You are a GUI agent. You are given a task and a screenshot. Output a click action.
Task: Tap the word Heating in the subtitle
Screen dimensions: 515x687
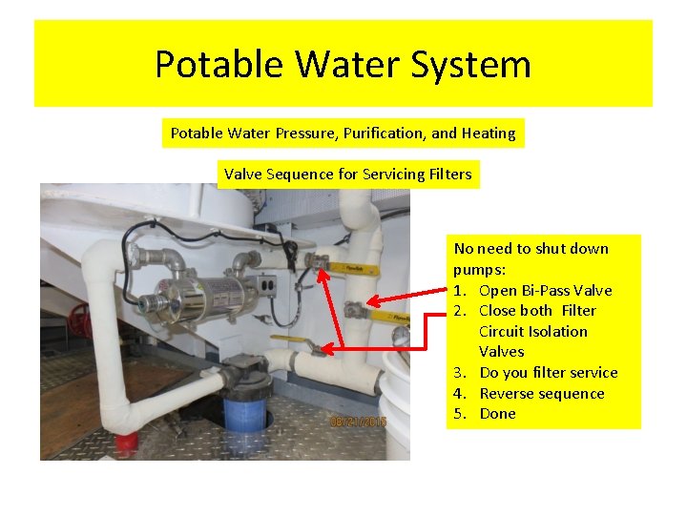pyautogui.click(x=487, y=134)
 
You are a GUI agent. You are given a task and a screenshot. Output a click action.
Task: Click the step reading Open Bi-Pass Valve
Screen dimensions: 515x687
pyautogui.click(x=545, y=290)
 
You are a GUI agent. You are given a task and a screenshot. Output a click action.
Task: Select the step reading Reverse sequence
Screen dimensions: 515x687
pyautogui.click(x=541, y=393)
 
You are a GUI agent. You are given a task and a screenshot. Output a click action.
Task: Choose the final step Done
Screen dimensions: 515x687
pyautogui.click(x=497, y=414)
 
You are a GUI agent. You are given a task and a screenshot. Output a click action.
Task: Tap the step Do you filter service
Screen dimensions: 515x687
pyautogui.click(x=548, y=373)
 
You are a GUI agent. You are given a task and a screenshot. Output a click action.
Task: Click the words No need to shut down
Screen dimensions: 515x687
pyautogui.click(x=531, y=249)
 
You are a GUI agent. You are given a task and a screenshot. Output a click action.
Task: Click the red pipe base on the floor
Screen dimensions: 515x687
pyautogui.click(x=125, y=444)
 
